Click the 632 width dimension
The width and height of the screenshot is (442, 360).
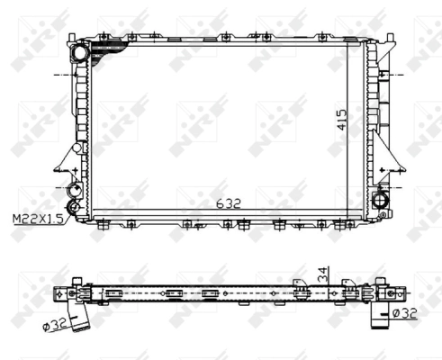[x=230, y=203]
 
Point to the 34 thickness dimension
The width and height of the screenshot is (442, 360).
[x=322, y=271]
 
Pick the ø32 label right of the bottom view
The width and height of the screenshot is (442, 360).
[x=404, y=313]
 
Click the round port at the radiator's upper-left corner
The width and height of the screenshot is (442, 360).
[x=82, y=55]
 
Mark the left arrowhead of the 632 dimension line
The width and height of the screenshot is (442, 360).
[x=91, y=210]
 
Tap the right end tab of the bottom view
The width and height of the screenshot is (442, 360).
[x=396, y=292]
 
